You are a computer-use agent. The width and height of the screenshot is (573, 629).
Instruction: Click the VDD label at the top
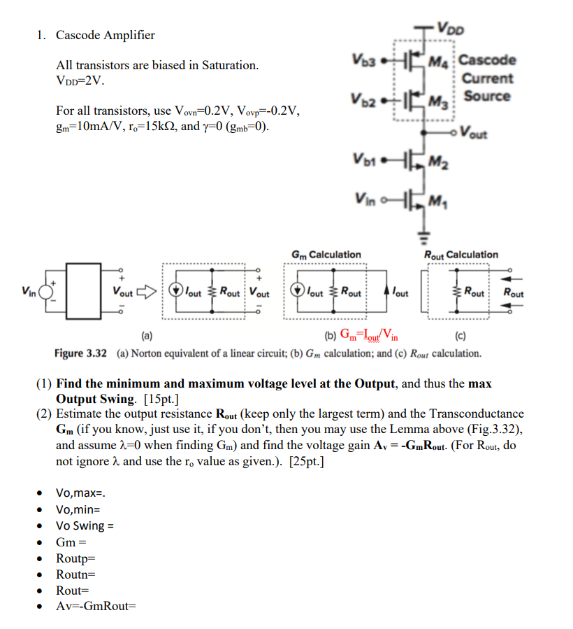pyautogui.click(x=452, y=29)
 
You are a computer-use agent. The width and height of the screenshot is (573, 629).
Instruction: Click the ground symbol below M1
pyautogui.click(x=422, y=230)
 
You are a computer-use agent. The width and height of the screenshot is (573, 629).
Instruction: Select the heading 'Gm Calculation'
pyautogui.click(x=326, y=255)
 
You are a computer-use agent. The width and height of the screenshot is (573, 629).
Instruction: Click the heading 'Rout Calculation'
pyautogui.click(x=461, y=255)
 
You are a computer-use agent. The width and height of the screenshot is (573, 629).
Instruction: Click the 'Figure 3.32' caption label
pyautogui.click(x=80, y=353)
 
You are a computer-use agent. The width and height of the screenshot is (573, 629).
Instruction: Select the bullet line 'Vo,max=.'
pyautogui.click(x=86, y=493)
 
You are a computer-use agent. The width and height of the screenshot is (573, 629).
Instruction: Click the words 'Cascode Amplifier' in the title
pyautogui.click(x=106, y=35)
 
